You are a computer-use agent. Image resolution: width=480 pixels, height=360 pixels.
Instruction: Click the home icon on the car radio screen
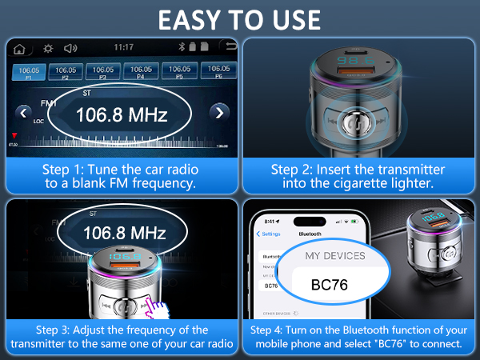click(x=19, y=47)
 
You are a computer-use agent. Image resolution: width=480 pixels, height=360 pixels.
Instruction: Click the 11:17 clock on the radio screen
click(x=124, y=47)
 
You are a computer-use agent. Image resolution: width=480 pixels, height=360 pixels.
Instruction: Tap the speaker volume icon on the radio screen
click(x=71, y=47)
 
